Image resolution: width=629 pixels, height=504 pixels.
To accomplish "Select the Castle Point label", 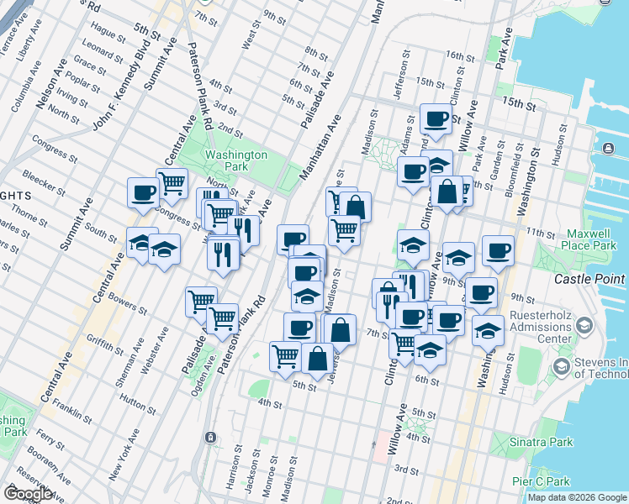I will pyautogui.click(x=589, y=278).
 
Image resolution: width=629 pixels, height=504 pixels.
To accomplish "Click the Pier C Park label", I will pyautogui.click(x=542, y=481).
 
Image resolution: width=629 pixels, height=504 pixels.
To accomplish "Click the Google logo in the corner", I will pyautogui.click(x=28, y=493).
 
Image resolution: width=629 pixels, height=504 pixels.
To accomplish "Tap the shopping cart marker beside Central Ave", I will pyautogui.click(x=172, y=181).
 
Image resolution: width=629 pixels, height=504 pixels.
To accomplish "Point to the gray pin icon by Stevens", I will pyautogui.click(x=561, y=366).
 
